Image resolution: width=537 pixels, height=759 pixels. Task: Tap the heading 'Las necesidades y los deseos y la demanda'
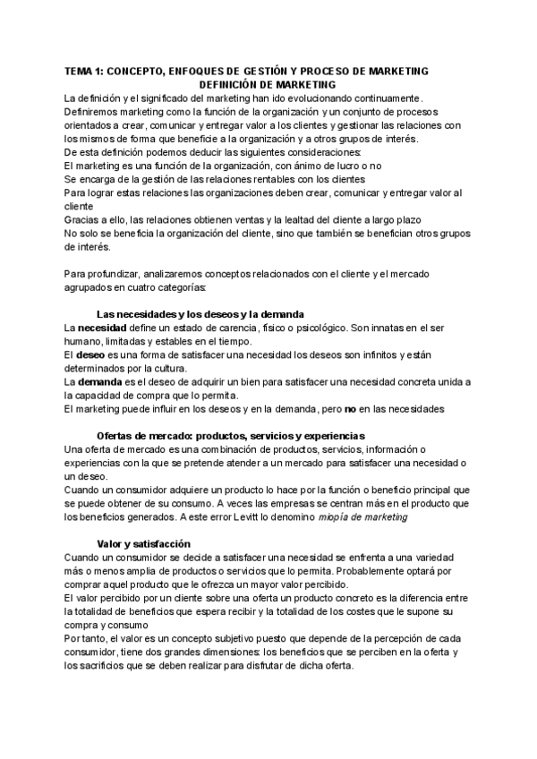(x=200, y=314)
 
